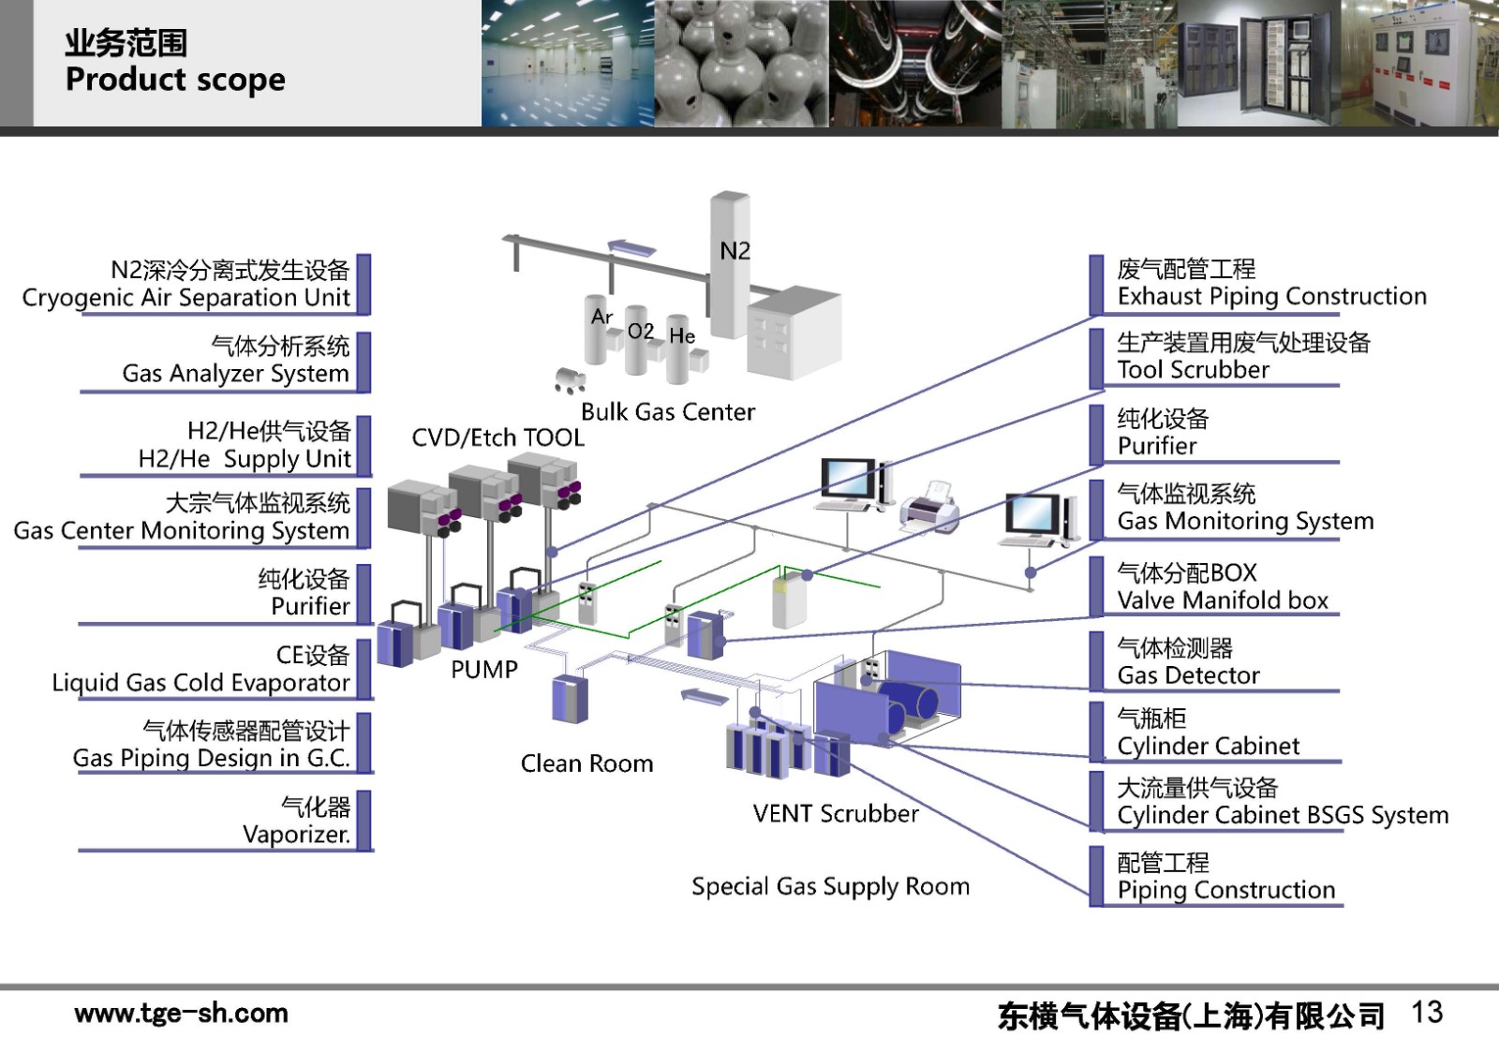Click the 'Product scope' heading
tap(175, 81)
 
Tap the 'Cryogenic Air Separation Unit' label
tap(186, 298)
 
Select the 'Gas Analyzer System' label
tap(235, 374)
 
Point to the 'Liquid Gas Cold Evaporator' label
tap(200, 683)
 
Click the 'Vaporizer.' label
tap(296, 834)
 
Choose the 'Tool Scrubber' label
tap(1193, 370)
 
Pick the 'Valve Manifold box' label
tap(1223, 600)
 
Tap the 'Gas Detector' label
tap(1188, 675)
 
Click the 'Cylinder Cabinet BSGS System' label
tap(1283, 815)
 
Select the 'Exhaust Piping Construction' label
tap(1271, 297)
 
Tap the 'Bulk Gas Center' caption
tap(667, 412)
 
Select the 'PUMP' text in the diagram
tap(483, 670)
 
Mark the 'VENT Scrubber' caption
tap(836, 813)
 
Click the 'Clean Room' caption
tap(586, 763)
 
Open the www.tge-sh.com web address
tap(181, 1013)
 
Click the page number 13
tap(1427, 1012)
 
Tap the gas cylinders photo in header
tap(741, 63)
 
